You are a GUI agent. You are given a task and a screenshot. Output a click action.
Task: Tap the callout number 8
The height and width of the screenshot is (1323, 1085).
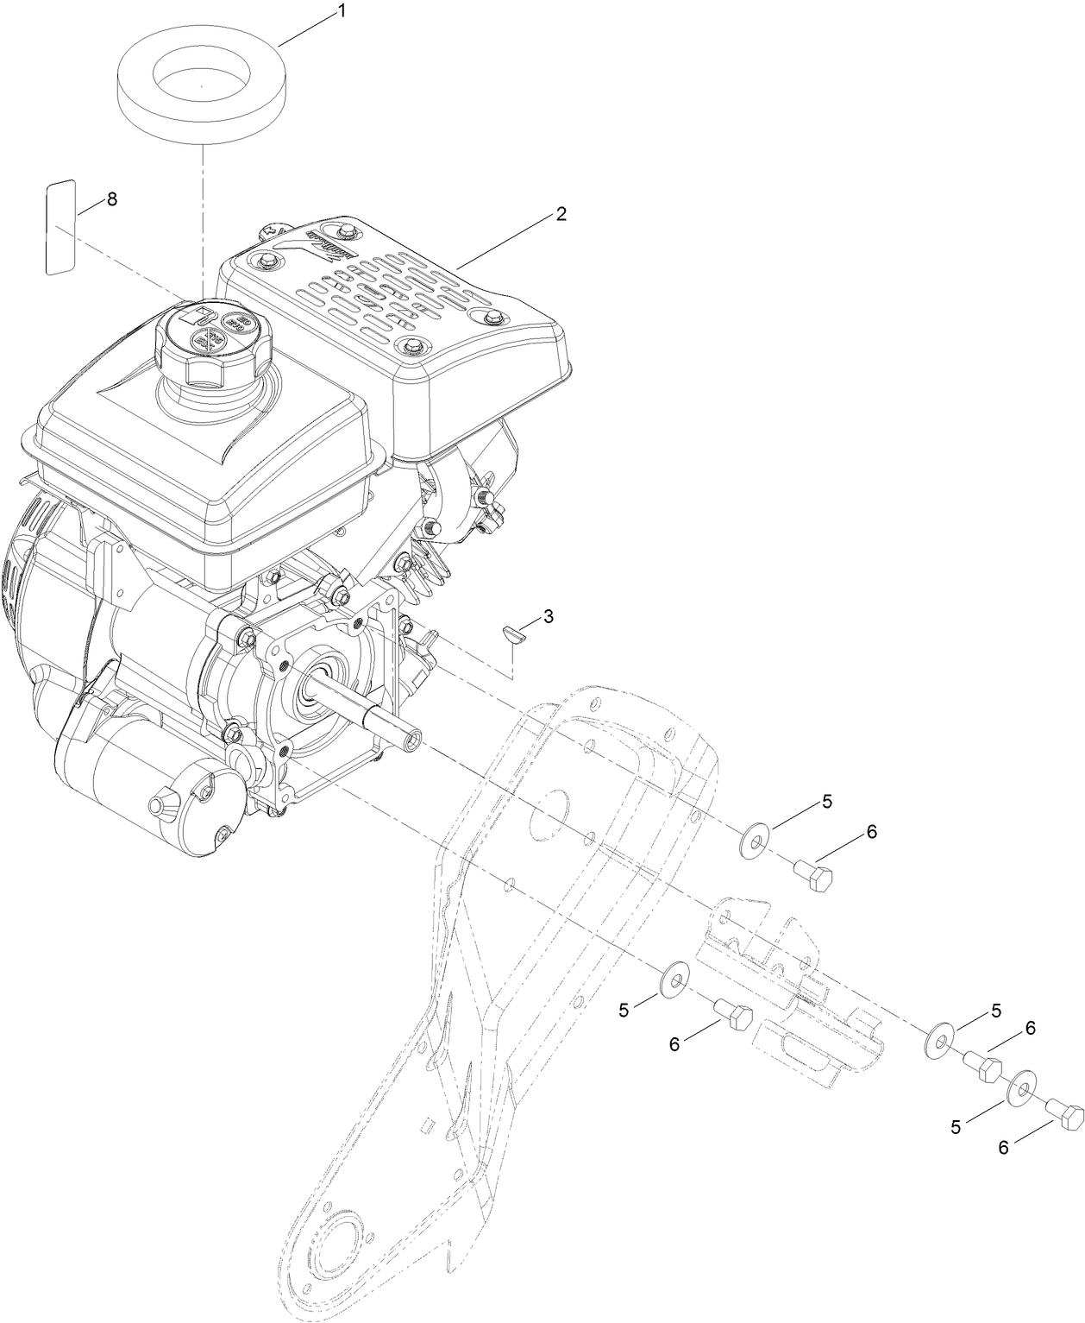[111, 198]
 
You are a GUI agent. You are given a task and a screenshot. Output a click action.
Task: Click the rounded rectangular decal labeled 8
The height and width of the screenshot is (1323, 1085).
[61, 228]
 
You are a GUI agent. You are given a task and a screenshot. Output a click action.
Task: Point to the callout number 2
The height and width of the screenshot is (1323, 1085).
[561, 214]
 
